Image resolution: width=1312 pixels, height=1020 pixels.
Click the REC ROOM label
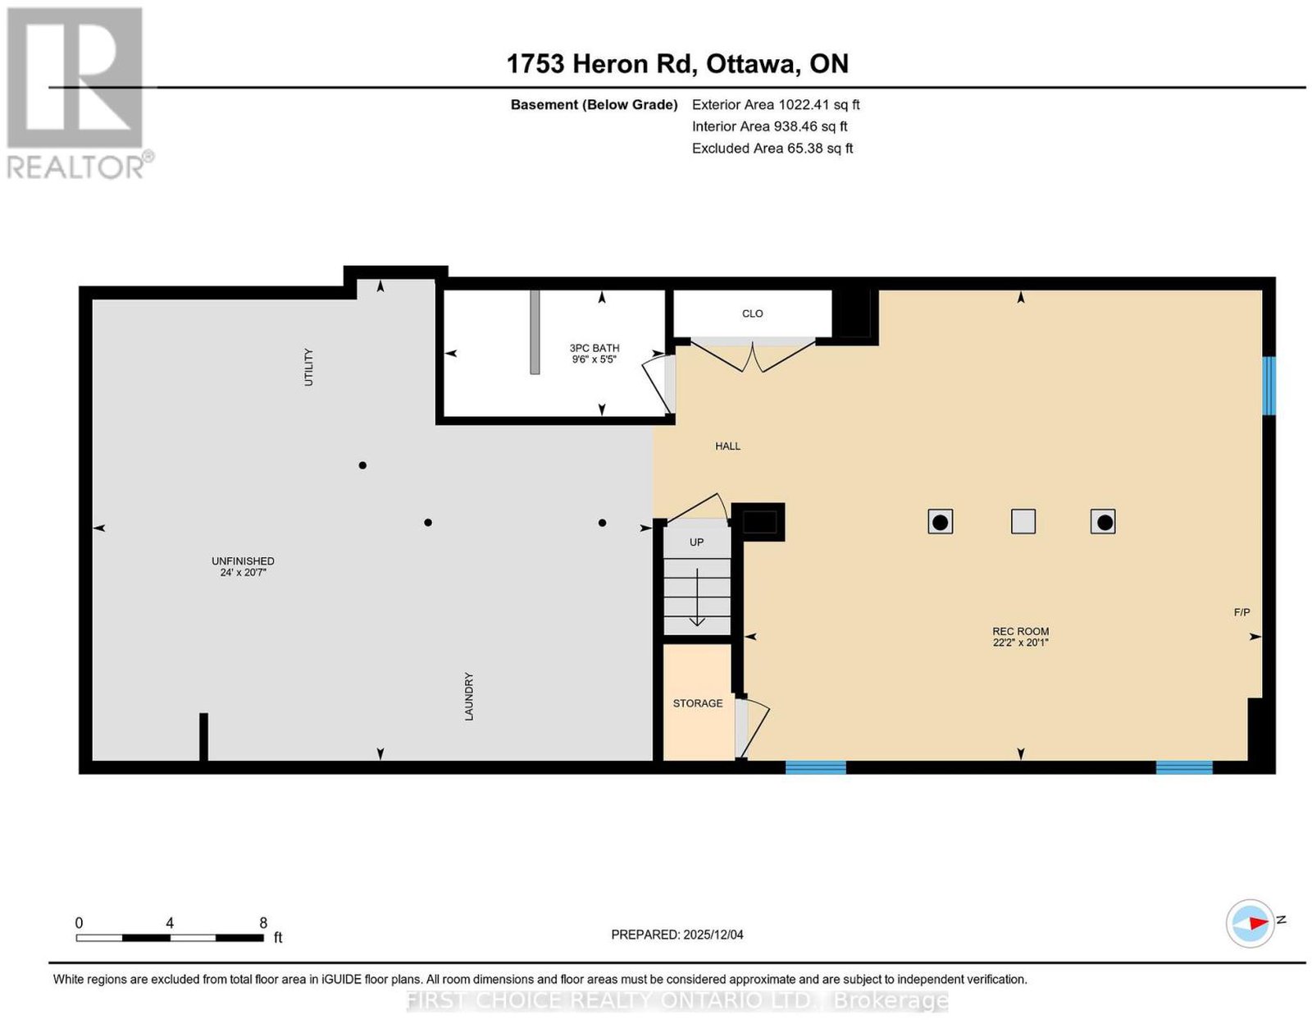point(1020,631)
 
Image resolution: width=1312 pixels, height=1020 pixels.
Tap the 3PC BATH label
point(594,348)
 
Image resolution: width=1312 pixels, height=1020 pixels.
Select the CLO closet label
point(752,313)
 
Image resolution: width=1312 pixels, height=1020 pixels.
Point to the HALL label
point(727,446)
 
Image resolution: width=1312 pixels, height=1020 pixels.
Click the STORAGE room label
point(697,703)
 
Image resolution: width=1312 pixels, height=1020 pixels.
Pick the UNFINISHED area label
point(243,561)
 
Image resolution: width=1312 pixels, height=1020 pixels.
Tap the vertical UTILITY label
point(308,367)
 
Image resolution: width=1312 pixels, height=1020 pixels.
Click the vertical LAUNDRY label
point(469,697)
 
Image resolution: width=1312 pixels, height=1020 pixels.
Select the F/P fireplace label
point(1241,612)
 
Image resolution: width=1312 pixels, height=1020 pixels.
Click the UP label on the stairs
point(696,542)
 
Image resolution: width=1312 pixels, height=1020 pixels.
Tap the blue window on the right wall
point(1269,386)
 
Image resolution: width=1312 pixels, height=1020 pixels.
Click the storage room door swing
point(752,729)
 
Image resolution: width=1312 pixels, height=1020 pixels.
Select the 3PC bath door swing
point(657,384)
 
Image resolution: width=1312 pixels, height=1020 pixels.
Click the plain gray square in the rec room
point(1023,521)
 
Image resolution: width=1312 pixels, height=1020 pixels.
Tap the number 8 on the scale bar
point(263,923)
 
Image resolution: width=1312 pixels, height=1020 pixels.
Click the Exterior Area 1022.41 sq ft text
point(775,104)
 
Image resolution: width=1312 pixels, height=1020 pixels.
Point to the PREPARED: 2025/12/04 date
point(676,935)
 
